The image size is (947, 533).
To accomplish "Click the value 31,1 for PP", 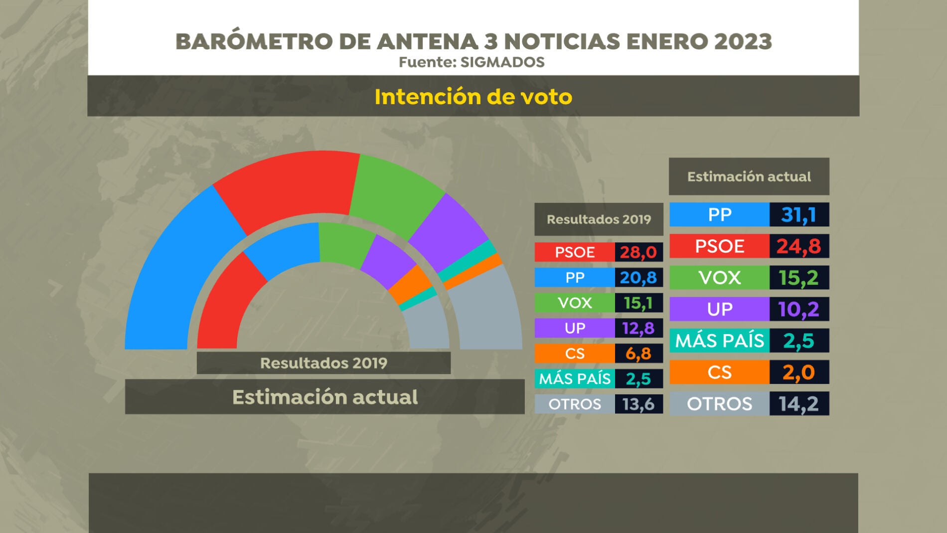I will point(798,215).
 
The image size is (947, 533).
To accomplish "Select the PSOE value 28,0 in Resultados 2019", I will point(638,252).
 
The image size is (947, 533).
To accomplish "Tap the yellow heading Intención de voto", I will point(473,97).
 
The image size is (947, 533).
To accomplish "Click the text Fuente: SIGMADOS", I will point(472,62).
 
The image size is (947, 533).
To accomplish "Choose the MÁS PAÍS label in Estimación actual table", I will point(719,341).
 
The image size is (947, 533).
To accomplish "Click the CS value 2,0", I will point(798,372).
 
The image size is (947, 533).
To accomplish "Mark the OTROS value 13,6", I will point(638,404).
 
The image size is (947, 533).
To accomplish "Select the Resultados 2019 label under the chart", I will point(323,363).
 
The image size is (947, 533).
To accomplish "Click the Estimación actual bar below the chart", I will point(324,397).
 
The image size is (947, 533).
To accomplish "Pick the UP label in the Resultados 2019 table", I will point(574,328).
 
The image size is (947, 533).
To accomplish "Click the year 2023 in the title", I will point(743,41).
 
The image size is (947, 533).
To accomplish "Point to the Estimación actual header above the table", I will point(749,177).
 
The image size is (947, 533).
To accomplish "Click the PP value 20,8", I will point(638,278).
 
